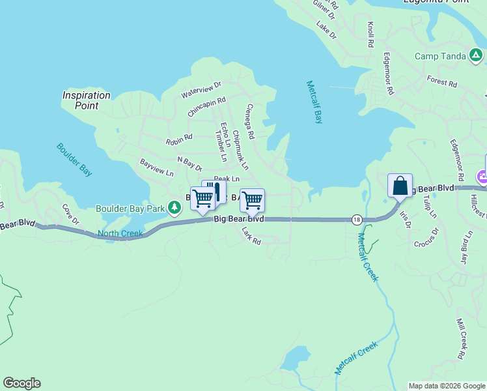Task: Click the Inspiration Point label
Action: pyautogui.click(x=86, y=100)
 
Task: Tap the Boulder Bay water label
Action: pyautogui.click(x=73, y=160)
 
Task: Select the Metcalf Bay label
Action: pyautogui.click(x=314, y=102)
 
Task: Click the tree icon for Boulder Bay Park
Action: pyautogui.click(x=174, y=208)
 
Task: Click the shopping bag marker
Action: pyautogui.click(x=400, y=186)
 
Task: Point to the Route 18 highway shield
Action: pyautogui.click(x=356, y=220)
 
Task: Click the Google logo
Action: pyautogui.click(x=21, y=383)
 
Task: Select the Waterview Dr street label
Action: pyautogui.click(x=201, y=89)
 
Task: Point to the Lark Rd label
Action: pyautogui.click(x=251, y=236)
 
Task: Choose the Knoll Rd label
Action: pyautogui.click(x=370, y=35)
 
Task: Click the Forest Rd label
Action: pyautogui.click(x=441, y=82)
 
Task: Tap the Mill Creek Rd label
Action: pyautogui.click(x=460, y=339)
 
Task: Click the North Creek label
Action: pyautogui.click(x=120, y=233)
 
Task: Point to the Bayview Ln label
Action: pyautogui.click(x=157, y=167)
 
